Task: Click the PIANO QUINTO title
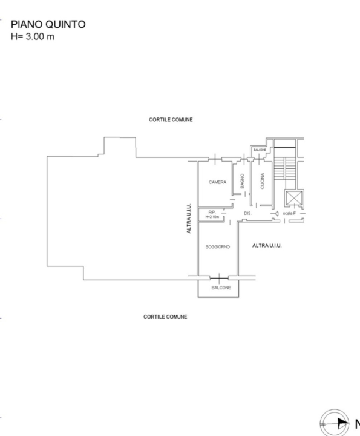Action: pos(48,25)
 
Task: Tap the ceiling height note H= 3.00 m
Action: pos(33,36)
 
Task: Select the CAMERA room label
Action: pos(217,182)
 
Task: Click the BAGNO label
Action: pos(242,182)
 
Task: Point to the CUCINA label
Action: pos(262,180)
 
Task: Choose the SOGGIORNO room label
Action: pos(217,247)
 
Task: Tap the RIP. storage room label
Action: pos(212,212)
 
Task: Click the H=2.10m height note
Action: pos(212,217)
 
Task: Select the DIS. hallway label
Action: pos(247,214)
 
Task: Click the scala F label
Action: pos(289,214)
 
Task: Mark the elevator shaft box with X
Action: pos(294,198)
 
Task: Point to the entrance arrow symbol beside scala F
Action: pos(276,214)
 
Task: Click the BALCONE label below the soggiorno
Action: pos(221,288)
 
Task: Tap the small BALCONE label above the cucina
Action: pos(260,150)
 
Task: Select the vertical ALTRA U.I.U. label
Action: pos(189,218)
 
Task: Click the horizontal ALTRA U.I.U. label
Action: pos(267,246)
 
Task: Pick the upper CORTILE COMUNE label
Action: pos(171,120)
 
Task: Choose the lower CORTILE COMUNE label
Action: pos(165,317)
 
